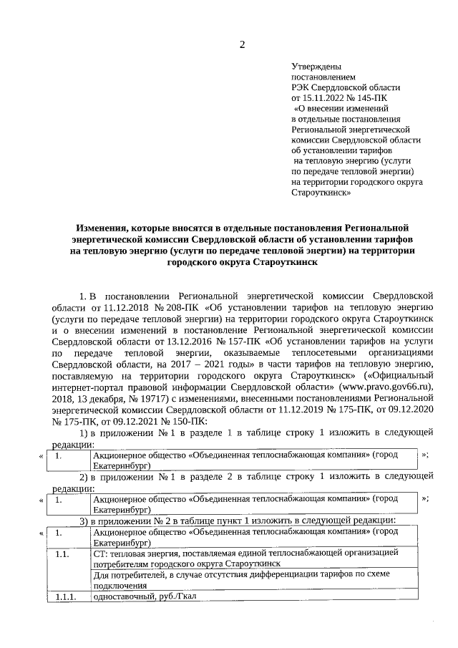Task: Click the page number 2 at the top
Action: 242,45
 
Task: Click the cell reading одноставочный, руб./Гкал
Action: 144,597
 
